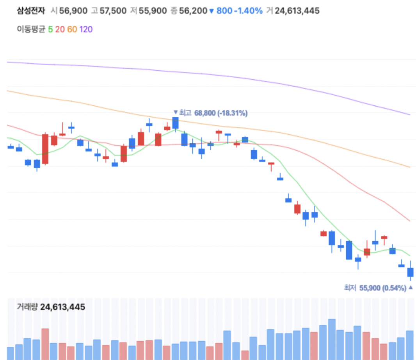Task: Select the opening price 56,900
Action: (x=73, y=11)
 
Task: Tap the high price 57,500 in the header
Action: (x=113, y=11)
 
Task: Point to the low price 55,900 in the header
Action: (x=153, y=11)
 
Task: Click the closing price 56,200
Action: (x=193, y=11)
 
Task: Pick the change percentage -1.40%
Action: (x=248, y=11)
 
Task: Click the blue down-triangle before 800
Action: (x=212, y=11)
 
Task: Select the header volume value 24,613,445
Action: (x=297, y=11)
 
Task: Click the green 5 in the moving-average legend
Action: (x=50, y=29)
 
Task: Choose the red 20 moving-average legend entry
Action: (x=60, y=29)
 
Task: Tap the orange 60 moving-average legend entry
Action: (x=72, y=29)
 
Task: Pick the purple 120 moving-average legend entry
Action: (x=86, y=29)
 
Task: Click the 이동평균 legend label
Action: (x=31, y=29)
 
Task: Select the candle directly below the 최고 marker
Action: (x=176, y=123)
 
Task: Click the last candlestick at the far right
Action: (x=410, y=272)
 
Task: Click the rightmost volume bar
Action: (x=410, y=345)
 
